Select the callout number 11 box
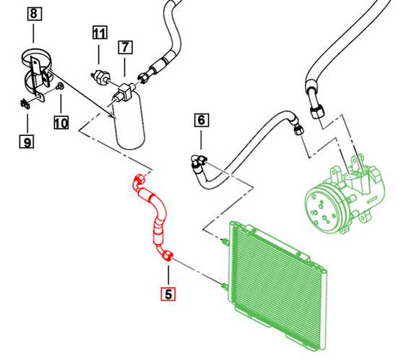(x=99, y=33)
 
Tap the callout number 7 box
(x=126, y=48)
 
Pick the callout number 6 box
(x=201, y=119)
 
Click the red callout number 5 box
(x=168, y=293)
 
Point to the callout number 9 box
(x=26, y=142)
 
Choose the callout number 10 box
(x=61, y=123)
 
